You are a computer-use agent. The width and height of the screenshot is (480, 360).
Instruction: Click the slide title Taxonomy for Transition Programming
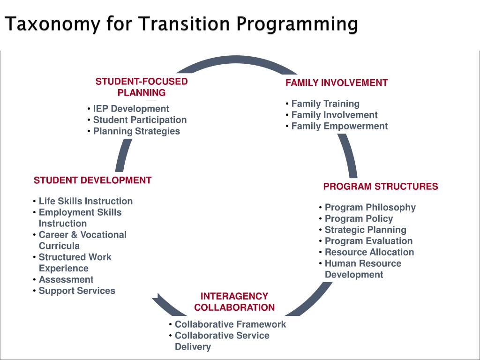[181, 24]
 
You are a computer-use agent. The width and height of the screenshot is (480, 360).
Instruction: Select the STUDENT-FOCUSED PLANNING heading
[142, 87]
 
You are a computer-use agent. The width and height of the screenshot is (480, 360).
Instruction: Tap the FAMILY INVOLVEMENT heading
[337, 83]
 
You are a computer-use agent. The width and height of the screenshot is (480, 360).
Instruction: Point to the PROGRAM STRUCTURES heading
[380, 187]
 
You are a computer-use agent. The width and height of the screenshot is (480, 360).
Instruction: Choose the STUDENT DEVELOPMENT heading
[92, 180]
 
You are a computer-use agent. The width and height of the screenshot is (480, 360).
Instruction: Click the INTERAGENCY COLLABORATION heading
[234, 302]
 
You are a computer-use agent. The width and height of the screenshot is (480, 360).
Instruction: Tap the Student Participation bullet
[140, 120]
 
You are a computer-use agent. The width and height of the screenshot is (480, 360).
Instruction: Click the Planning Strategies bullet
[136, 131]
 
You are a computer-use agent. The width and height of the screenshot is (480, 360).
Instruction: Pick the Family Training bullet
[325, 104]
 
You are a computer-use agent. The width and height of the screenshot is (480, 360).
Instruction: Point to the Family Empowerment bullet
[339, 126]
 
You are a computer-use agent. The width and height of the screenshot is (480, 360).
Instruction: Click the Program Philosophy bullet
[370, 207]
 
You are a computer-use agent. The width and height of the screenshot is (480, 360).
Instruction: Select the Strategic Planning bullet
[365, 230]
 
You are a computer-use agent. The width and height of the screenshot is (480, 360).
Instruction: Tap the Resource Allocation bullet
[369, 252]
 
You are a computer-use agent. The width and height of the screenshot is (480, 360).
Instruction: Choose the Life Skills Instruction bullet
[85, 201]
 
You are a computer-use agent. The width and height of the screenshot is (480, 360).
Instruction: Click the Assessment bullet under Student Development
[66, 280]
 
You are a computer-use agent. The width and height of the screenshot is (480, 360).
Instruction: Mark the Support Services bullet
[77, 291]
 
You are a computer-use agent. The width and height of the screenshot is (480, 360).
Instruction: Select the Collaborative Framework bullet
[230, 324]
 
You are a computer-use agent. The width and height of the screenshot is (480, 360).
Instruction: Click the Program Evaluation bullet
[368, 241]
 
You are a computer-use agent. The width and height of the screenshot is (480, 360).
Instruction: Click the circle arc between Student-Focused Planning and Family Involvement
[234, 59]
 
